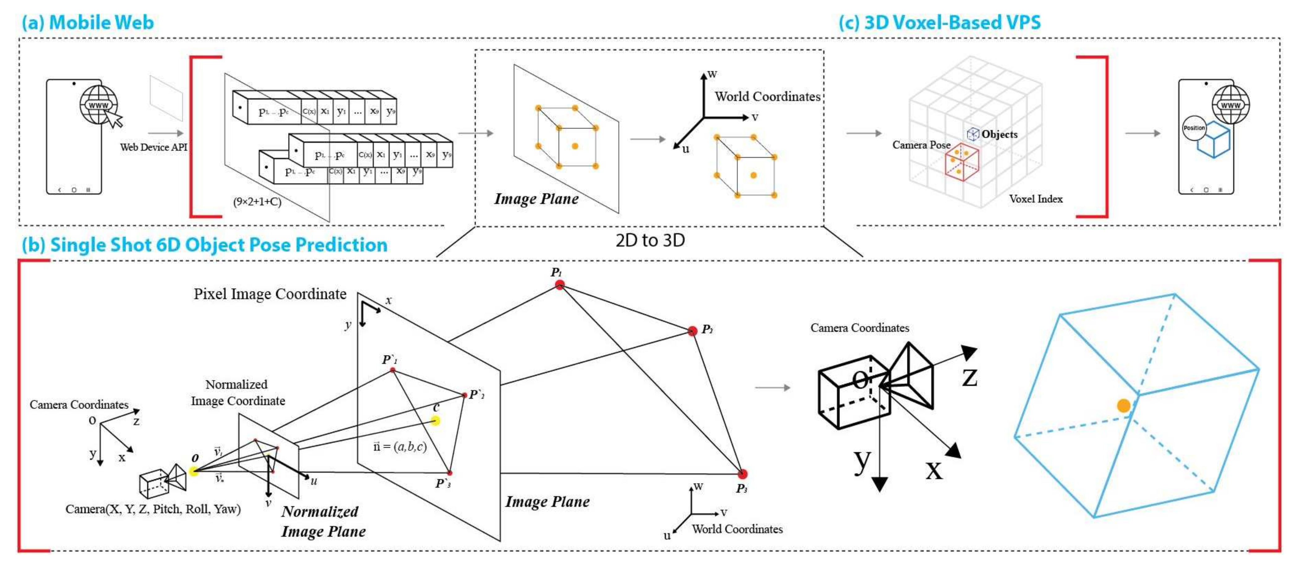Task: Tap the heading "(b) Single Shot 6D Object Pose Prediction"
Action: point(204,245)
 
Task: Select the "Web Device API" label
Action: point(153,147)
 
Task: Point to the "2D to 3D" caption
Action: point(650,240)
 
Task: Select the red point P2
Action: point(692,331)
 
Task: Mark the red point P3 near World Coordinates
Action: point(743,474)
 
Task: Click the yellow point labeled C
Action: point(435,420)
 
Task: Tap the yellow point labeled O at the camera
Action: point(194,471)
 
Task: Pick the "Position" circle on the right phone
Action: point(1194,128)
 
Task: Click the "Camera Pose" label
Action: point(921,145)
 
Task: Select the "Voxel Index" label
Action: point(1036,199)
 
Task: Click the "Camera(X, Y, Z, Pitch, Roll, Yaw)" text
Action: point(153,509)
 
